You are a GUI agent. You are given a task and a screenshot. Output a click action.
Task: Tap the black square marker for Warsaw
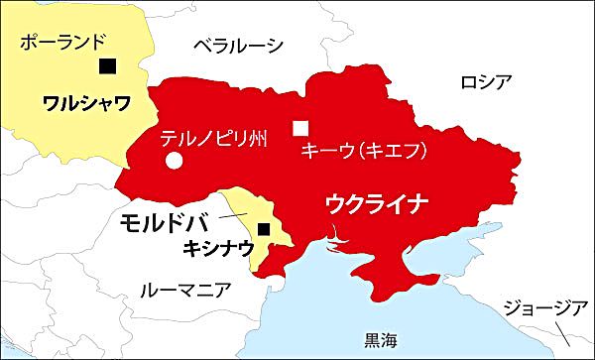(x=107, y=66)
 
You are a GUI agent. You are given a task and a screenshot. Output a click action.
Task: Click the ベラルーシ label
(x=237, y=45)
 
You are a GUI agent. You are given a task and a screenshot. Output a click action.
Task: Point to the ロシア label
(x=485, y=80)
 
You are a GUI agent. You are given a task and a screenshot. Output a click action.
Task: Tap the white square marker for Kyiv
(x=299, y=126)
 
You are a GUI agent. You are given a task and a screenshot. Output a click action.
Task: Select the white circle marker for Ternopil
(x=174, y=160)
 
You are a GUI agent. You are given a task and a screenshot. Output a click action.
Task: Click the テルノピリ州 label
(x=213, y=138)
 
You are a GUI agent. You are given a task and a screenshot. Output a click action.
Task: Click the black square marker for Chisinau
(x=262, y=230)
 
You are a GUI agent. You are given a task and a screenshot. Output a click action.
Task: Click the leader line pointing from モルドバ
(x=234, y=214)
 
